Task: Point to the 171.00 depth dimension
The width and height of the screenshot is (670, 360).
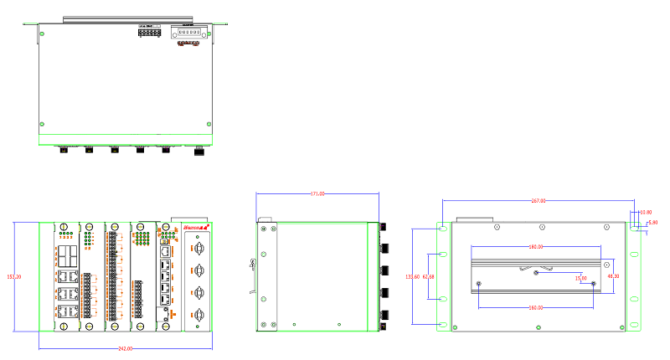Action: tap(317, 194)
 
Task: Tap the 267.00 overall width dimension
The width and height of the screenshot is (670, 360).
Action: tap(539, 201)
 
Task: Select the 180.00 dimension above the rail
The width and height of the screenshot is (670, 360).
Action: tap(536, 247)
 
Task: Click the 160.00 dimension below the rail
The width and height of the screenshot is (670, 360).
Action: tap(536, 307)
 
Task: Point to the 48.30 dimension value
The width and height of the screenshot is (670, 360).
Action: tap(613, 276)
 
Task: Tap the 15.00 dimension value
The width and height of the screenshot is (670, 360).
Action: tap(581, 278)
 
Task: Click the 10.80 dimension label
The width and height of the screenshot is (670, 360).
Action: tap(645, 213)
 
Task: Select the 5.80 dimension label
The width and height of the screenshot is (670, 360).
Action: tap(653, 223)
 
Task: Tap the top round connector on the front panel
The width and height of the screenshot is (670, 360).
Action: tap(199, 249)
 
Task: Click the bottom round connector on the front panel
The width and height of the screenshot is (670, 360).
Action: tap(199, 314)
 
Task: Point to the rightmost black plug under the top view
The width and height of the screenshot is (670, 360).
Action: tap(198, 152)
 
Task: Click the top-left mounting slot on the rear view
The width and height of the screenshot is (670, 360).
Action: tap(443, 228)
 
